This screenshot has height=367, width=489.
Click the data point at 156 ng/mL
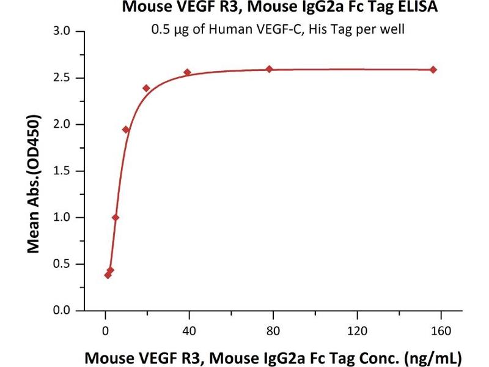coord(433,69)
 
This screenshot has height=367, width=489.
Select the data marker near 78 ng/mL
coord(269,69)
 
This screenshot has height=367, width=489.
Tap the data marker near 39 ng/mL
coord(187,72)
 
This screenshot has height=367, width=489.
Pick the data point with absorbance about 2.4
coord(146,88)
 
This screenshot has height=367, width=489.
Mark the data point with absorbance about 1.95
coord(126,130)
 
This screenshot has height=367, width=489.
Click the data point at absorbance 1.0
coord(116,218)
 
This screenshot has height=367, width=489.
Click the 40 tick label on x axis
coord(189,331)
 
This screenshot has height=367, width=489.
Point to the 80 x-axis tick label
coord(273,331)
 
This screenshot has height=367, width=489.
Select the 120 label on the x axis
coord(356,331)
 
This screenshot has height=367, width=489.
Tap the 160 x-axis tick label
coord(440,331)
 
